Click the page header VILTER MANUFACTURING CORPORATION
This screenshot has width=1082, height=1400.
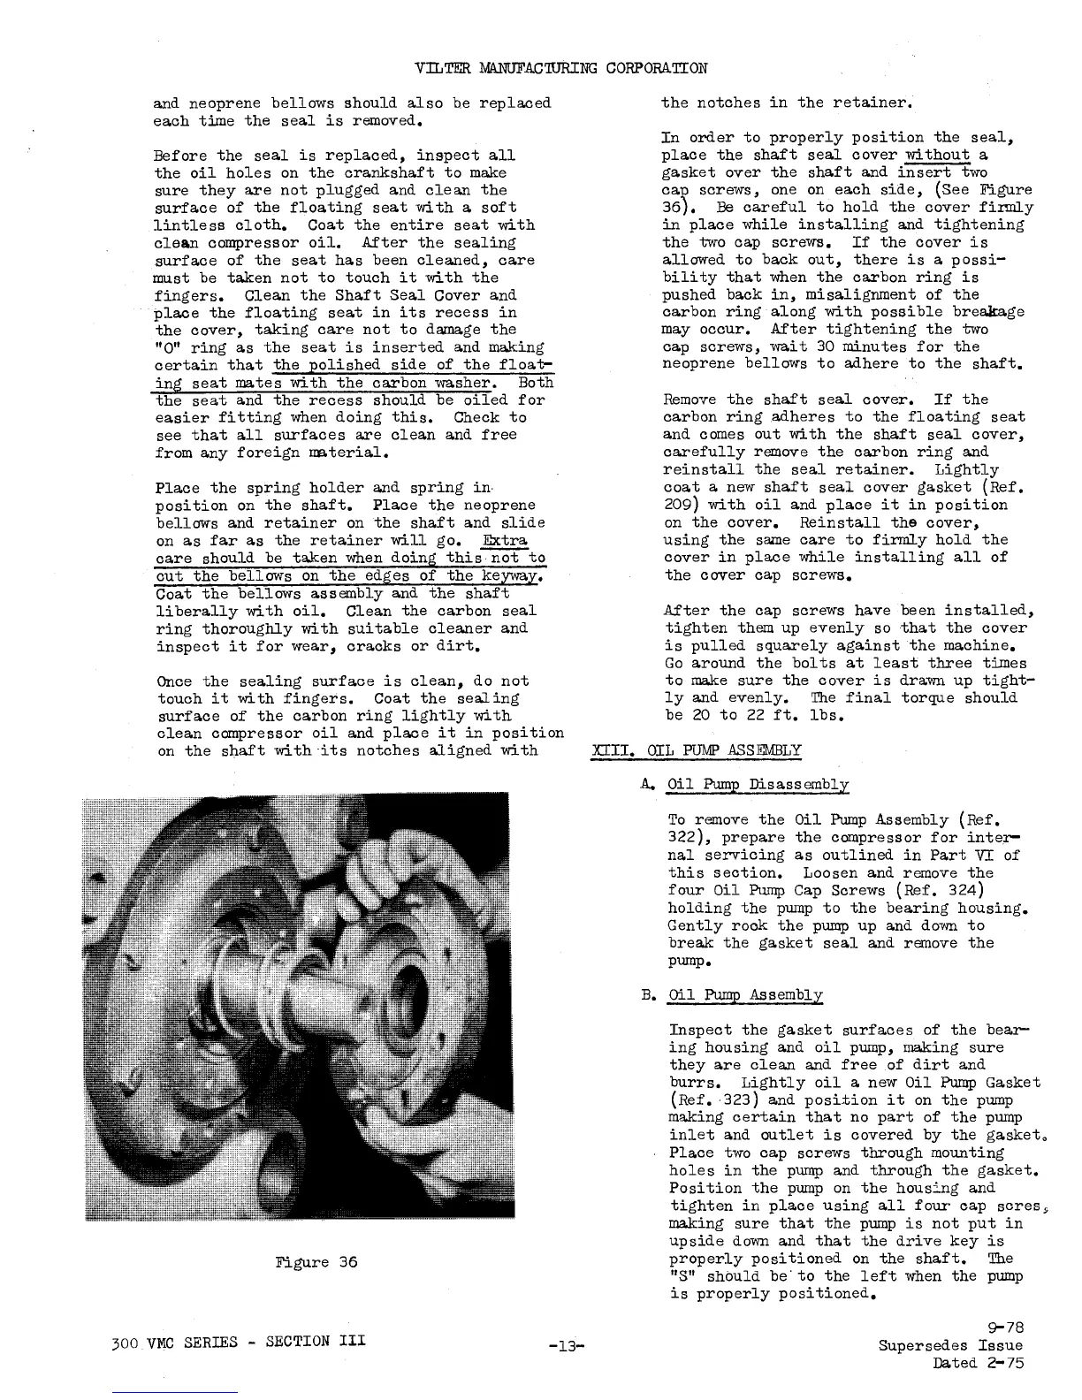(x=560, y=67)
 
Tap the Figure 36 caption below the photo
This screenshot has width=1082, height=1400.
(x=316, y=1261)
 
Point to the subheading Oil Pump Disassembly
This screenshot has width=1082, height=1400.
(x=758, y=784)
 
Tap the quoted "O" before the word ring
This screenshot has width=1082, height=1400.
(x=166, y=347)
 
